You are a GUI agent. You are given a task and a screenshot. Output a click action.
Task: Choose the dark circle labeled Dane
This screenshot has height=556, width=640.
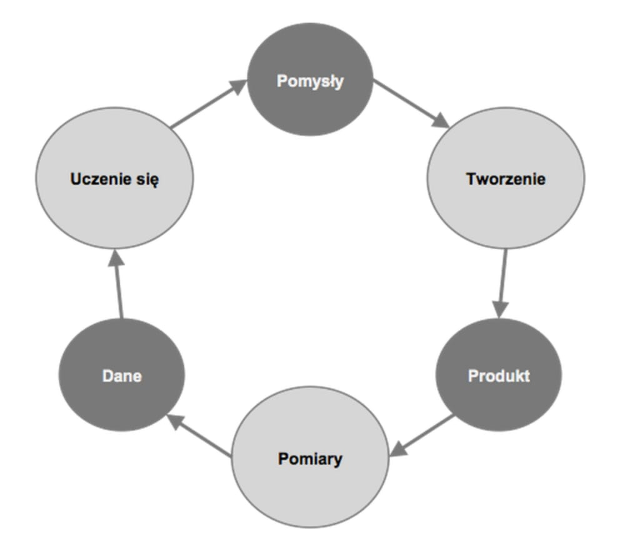[x=121, y=400]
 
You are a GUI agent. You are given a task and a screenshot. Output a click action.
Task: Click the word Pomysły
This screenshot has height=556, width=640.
[x=311, y=81]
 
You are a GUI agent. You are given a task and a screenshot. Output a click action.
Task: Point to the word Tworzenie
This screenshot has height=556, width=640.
[x=506, y=179]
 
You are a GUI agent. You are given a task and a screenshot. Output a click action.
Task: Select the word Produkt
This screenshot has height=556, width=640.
[x=498, y=376]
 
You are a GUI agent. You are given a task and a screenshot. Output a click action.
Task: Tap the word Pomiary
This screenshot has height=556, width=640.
[x=310, y=459]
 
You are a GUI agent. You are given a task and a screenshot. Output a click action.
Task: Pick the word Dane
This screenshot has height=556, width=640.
[x=121, y=377]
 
